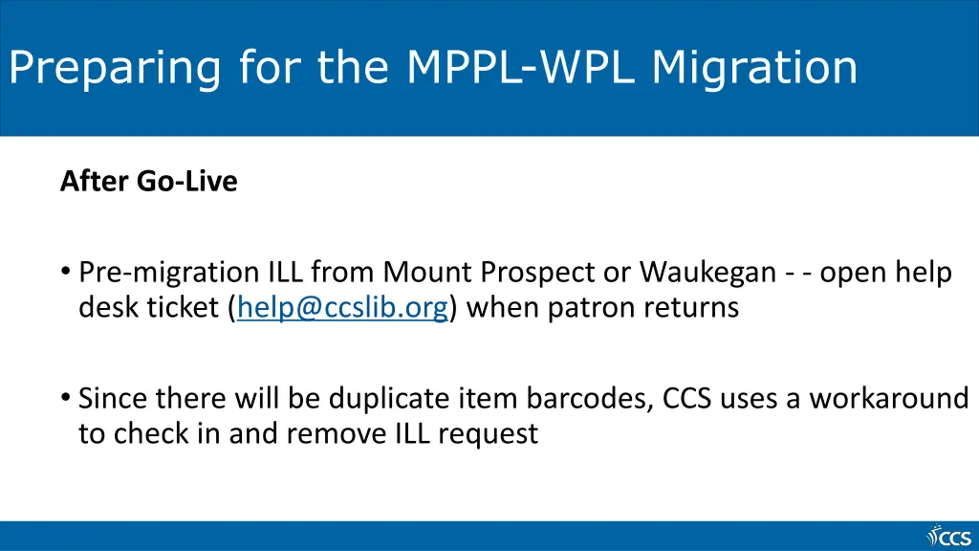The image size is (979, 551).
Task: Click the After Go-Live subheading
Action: tap(148, 181)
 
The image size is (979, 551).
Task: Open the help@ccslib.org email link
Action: tap(342, 308)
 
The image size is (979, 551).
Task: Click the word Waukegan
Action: tap(707, 273)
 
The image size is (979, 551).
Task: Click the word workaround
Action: tap(889, 397)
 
